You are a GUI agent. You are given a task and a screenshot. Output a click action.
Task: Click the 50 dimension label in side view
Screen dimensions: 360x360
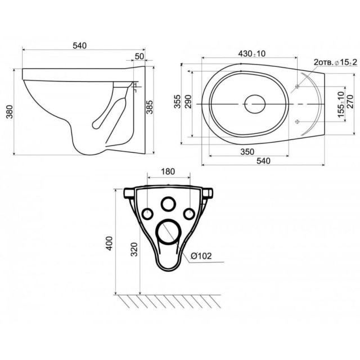pos(139,56)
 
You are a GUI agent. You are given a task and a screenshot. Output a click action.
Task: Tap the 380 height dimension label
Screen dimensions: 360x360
pos(10,111)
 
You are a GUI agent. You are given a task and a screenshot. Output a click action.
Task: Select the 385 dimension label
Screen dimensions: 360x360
pos(150,107)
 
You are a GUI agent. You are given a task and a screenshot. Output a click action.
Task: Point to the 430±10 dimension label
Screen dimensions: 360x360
pos(251,54)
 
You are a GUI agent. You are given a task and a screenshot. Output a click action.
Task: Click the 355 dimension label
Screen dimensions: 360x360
pos(177,101)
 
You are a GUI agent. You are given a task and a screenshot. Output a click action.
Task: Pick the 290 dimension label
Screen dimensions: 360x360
pos(188,102)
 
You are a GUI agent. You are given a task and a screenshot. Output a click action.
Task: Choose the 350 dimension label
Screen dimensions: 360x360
pos(247,152)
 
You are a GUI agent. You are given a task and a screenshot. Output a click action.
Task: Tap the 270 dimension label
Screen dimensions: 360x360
pos(350,102)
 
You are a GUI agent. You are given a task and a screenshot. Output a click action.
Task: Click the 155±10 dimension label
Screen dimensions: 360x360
pos(341,104)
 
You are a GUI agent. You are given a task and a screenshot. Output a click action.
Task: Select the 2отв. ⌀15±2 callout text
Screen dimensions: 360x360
pos(335,62)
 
